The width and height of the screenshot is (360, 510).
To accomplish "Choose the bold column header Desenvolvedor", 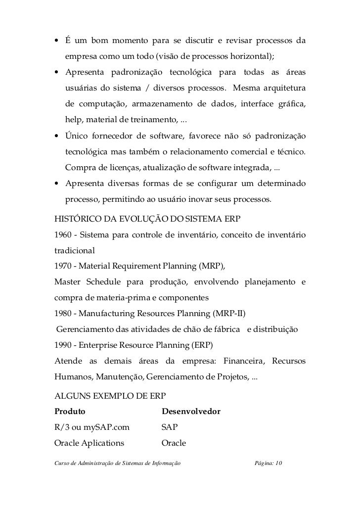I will [191, 412].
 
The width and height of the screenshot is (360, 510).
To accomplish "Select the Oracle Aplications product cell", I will [89, 443].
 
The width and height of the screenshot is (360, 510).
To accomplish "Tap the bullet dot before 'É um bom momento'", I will [57, 40].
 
